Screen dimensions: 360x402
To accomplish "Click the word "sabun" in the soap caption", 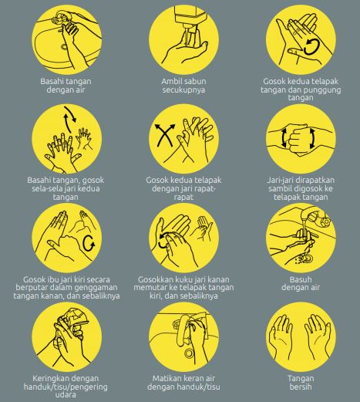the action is (195, 81).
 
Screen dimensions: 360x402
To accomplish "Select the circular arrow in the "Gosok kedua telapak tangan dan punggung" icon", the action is (311, 47).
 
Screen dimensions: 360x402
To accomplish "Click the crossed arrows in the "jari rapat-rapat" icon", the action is (165, 135).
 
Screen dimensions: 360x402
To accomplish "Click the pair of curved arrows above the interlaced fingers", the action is (70, 119).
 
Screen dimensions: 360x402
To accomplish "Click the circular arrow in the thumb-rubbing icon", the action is (89, 243).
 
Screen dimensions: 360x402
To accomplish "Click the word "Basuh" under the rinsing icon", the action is (301, 279).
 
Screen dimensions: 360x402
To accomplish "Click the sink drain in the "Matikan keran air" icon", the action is (189, 353).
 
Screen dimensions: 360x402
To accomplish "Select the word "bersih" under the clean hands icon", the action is (301, 387).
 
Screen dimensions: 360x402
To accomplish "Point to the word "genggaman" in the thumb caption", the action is (96, 288).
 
